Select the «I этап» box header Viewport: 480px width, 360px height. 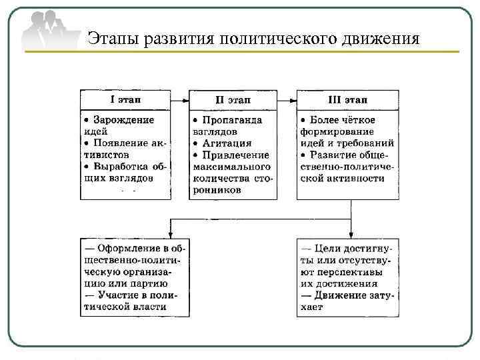click(x=125, y=100)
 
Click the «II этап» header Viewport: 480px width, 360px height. click(x=233, y=100)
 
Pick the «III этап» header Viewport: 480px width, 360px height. click(x=347, y=100)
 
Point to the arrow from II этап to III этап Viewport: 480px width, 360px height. click(x=287, y=100)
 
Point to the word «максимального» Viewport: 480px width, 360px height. click(x=232, y=167)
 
